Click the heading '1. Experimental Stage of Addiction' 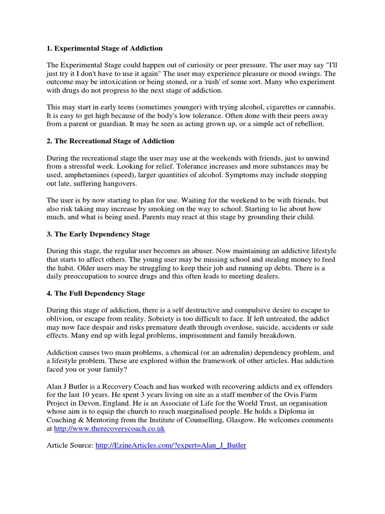coord(104,48)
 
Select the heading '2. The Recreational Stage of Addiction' coord(110,141)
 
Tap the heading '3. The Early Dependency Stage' coord(98,234)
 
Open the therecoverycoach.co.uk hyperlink coord(109,429)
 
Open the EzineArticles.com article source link coord(170,445)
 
